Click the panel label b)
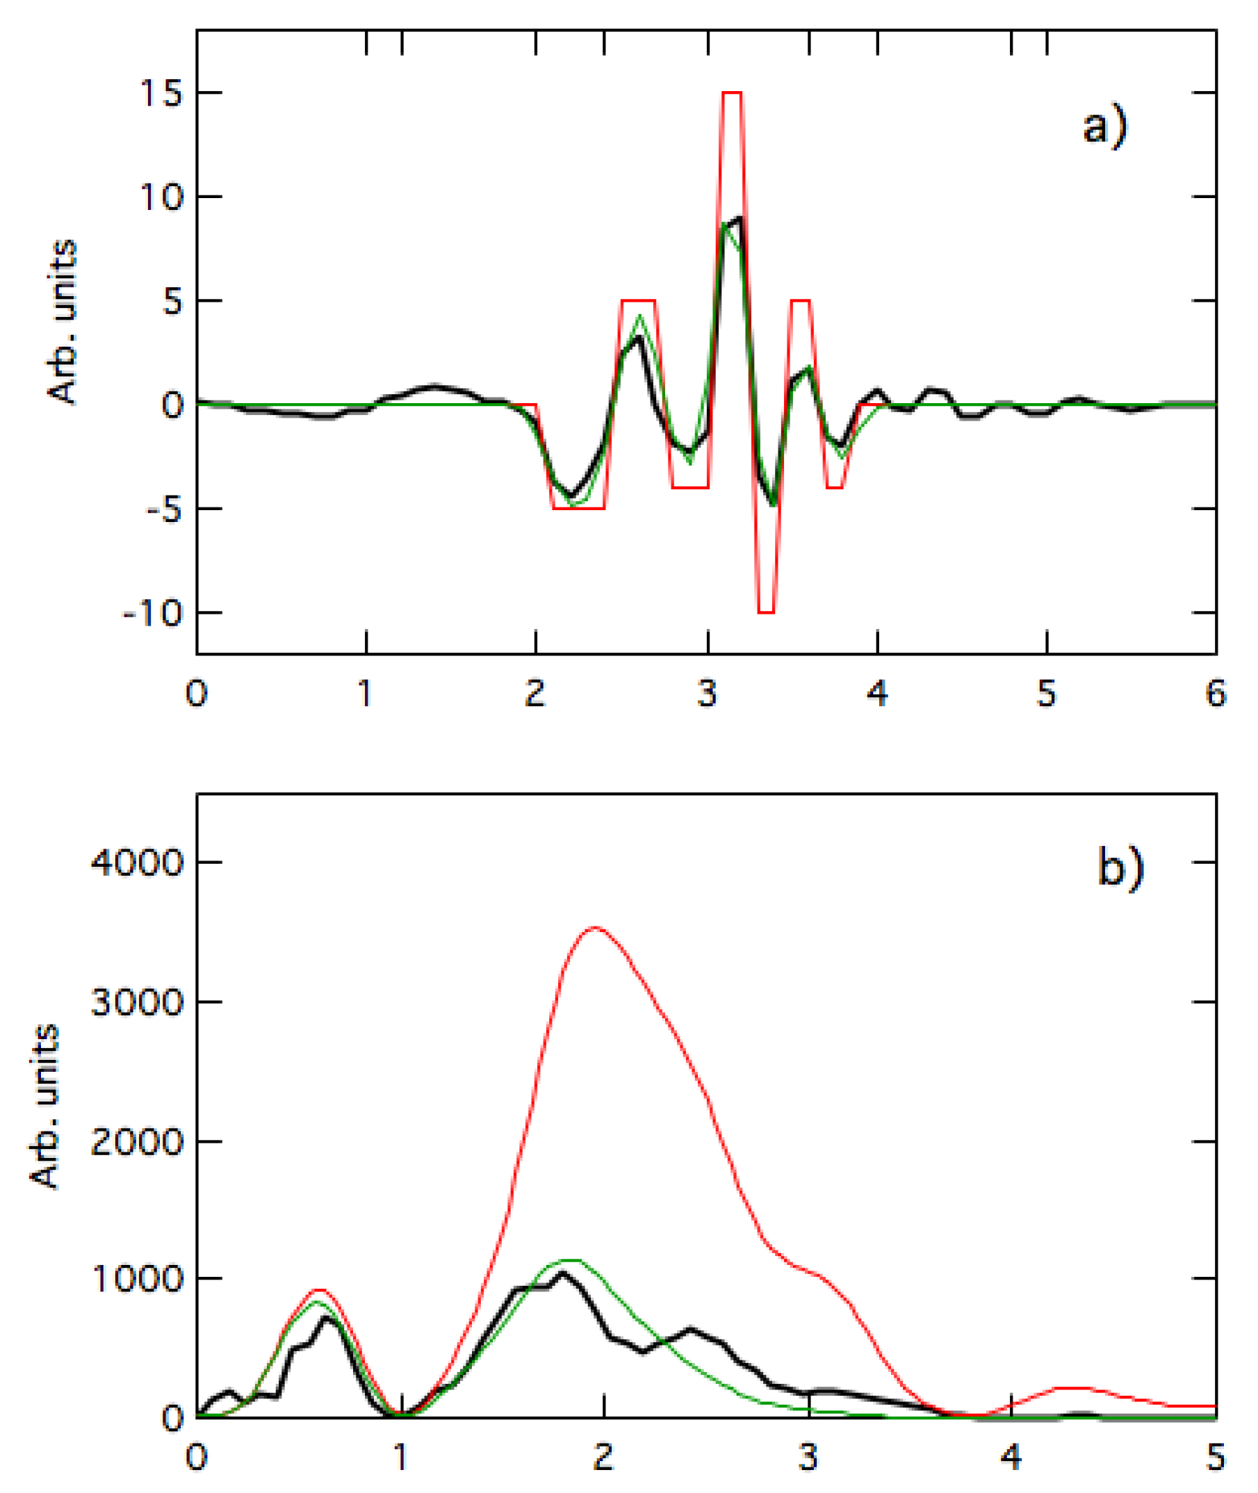tap(1120, 868)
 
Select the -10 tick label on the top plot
tap(154, 613)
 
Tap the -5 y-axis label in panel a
tap(162, 509)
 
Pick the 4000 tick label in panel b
tap(138, 863)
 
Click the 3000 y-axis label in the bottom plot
tap(138, 1002)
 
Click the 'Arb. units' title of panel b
tap(44, 1107)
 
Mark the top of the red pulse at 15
tap(733, 92)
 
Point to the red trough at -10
tap(766, 612)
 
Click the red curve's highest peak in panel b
tap(596, 929)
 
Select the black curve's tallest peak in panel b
tap(563, 1273)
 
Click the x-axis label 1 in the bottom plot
tap(401, 1458)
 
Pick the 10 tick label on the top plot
tap(162, 197)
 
